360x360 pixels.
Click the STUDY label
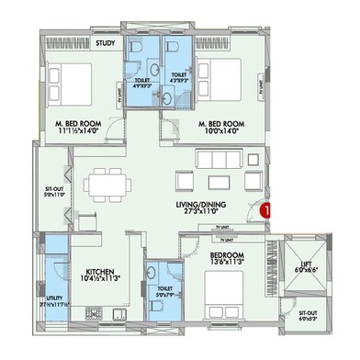point(105,41)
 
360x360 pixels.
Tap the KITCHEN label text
point(101,273)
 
